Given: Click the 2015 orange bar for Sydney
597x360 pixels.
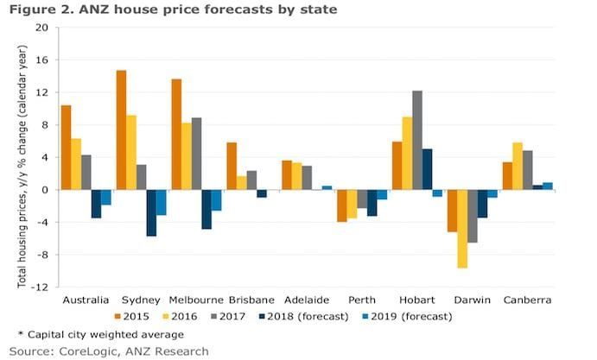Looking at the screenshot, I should (122, 129).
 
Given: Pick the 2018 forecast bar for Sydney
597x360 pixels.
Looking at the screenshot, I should (152, 212).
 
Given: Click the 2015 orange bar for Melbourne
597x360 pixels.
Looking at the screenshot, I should (177, 134).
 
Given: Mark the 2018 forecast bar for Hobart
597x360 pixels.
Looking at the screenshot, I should (428, 169).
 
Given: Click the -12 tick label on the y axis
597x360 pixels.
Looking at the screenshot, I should (41, 287).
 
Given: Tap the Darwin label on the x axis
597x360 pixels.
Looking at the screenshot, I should (472, 299).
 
